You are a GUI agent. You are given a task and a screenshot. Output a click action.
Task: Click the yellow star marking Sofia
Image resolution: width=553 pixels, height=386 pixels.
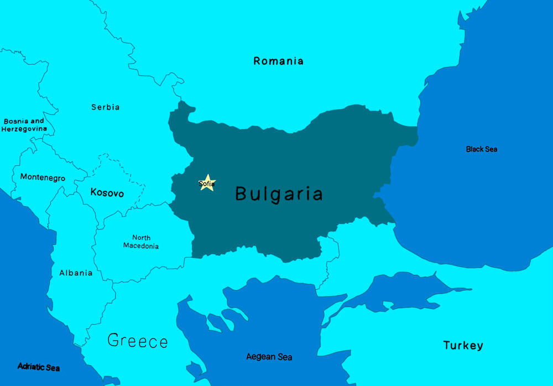pyautogui.click(x=207, y=182)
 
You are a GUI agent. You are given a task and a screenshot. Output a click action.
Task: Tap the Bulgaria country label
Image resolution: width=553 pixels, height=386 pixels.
pyautogui.click(x=279, y=194)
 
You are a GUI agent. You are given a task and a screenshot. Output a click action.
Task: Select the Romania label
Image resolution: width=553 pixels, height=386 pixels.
pyautogui.click(x=278, y=61)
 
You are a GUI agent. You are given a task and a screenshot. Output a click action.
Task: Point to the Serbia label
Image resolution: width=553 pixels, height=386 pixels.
pyautogui.click(x=105, y=107)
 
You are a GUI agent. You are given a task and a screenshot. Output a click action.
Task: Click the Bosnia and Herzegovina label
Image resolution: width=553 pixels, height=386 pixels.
pyautogui.click(x=24, y=125)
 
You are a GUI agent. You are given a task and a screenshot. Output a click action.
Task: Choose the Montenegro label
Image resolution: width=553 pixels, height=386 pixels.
pyautogui.click(x=43, y=178)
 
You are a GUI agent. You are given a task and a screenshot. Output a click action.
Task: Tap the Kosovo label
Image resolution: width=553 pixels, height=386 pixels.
pyautogui.click(x=107, y=193)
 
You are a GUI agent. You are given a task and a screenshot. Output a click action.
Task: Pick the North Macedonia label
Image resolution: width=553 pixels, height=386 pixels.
pyautogui.click(x=140, y=242)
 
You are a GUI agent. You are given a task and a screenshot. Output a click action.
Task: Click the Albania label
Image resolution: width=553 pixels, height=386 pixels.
pyautogui.click(x=76, y=273)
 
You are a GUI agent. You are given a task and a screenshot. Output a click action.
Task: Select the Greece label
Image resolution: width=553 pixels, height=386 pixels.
pyautogui.click(x=137, y=341)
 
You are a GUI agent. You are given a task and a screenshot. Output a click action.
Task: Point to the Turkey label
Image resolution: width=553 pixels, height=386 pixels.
pyautogui.click(x=463, y=346)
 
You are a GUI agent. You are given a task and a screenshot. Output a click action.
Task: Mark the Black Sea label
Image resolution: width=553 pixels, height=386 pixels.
pyautogui.click(x=481, y=149)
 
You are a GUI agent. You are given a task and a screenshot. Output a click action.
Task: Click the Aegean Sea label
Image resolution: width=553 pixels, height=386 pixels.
pyautogui.click(x=269, y=357)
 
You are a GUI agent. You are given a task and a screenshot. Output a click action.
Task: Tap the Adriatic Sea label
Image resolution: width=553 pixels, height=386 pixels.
pyautogui.click(x=38, y=367)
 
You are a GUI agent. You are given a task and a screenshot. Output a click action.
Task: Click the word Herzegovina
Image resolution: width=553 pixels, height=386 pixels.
pyautogui.click(x=24, y=129)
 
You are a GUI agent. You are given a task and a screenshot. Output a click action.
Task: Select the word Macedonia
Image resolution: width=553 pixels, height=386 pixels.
pyautogui.click(x=140, y=246)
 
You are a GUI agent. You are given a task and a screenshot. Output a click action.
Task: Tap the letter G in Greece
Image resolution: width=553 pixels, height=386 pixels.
pyautogui.click(x=113, y=341)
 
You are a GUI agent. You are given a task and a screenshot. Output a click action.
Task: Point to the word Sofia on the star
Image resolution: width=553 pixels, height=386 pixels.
pyautogui.click(x=206, y=183)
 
